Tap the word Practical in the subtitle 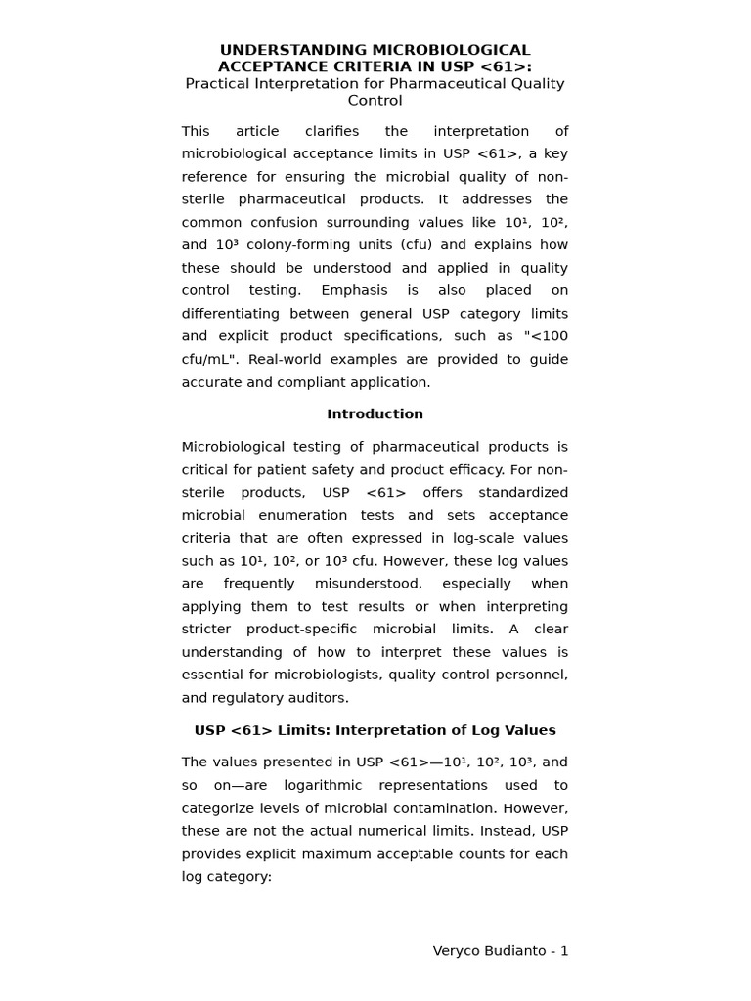tap(217, 84)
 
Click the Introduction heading tap(375, 413)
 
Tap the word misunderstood tap(374, 584)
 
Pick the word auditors tap(318, 698)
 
